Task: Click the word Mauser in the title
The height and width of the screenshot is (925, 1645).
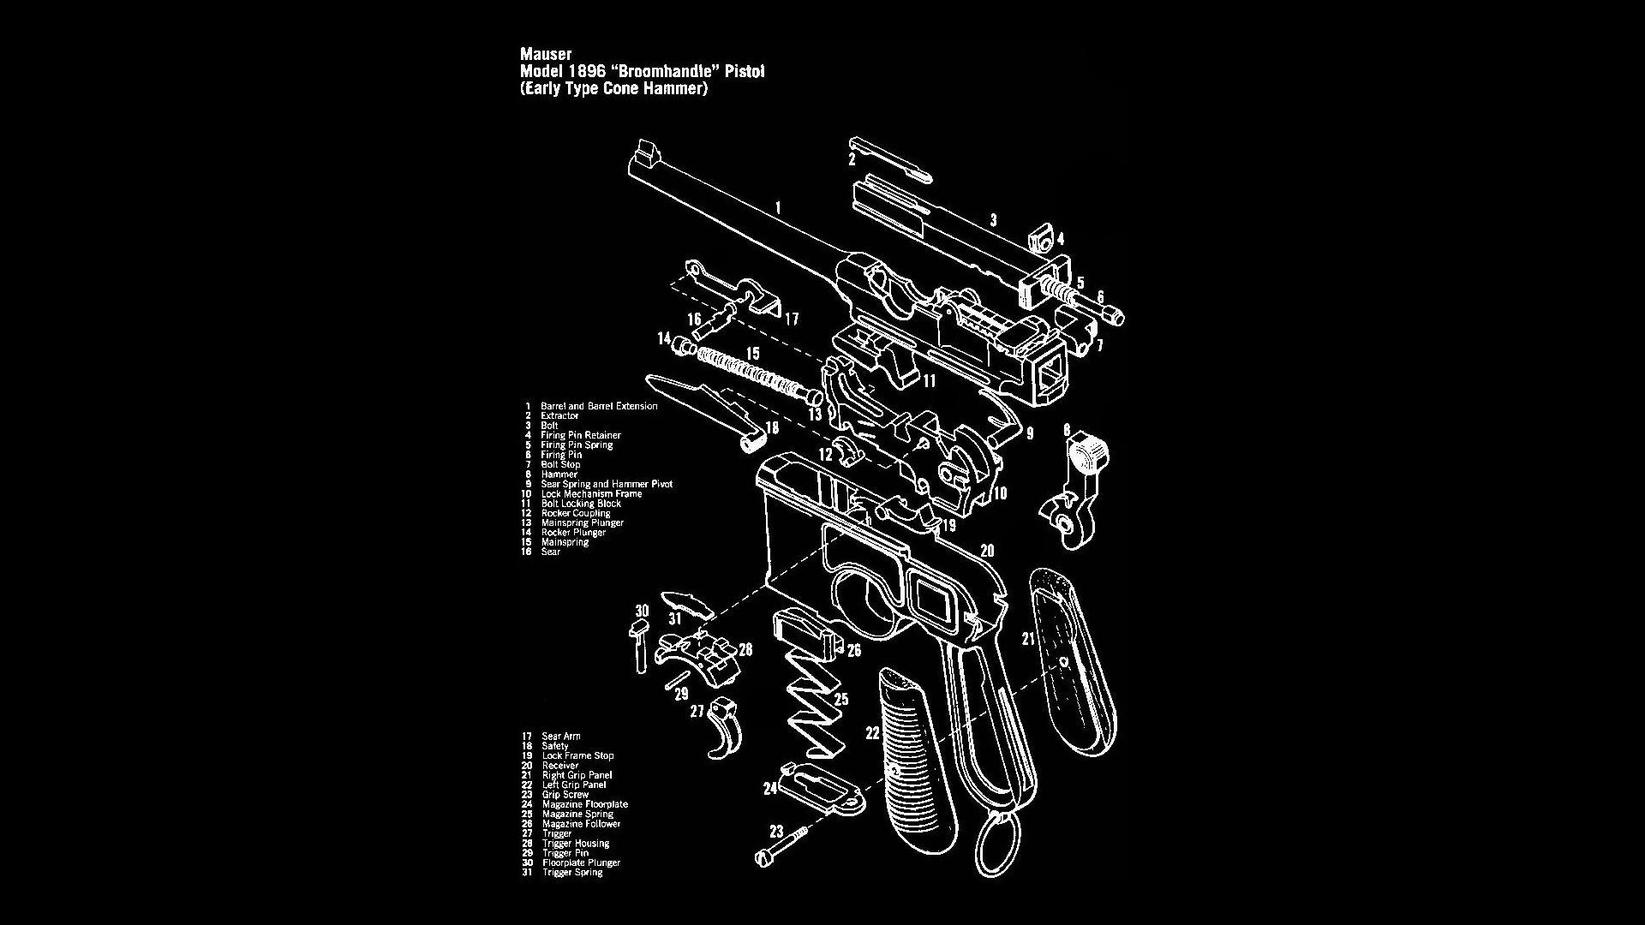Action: [546, 55]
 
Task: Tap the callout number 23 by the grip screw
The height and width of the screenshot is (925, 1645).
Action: [776, 830]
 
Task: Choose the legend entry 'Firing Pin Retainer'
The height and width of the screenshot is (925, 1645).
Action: [580, 435]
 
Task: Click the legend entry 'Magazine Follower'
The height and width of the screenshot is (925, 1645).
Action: [581, 824]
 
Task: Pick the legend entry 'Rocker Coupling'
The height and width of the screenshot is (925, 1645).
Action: [575, 513]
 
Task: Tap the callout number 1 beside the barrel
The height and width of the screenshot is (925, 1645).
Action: [777, 206]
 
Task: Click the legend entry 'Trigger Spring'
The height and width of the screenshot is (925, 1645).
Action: [571, 872]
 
